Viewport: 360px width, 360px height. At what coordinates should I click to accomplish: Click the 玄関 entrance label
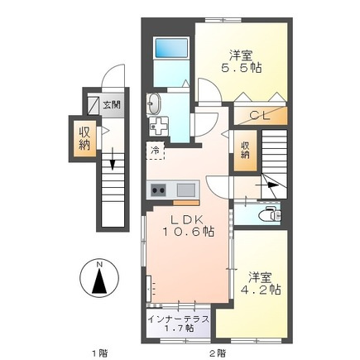[112, 105]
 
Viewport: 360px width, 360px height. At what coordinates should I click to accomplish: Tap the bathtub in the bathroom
[171, 48]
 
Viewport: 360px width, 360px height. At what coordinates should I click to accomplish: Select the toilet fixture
[271, 214]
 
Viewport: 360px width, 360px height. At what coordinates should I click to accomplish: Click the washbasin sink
[154, 103]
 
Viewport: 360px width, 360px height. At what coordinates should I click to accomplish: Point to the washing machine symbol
[159, 127]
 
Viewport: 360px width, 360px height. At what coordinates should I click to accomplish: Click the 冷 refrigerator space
[156, 151]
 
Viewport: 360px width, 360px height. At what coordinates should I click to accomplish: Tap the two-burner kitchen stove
[159, 190]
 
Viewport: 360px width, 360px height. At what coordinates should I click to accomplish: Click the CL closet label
[259, 116]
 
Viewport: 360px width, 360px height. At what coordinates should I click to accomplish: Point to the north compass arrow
[99, 281]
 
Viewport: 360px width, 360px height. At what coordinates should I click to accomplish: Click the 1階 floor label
[99, 353]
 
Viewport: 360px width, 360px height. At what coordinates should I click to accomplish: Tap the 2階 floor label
[217, 353]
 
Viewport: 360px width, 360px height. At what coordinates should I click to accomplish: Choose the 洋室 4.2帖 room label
[261, 284]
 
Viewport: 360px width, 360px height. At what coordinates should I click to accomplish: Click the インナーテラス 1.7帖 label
[178, 324]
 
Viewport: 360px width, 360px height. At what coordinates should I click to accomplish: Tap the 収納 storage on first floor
[84, 139]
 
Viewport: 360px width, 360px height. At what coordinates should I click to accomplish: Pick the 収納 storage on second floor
[245, 151]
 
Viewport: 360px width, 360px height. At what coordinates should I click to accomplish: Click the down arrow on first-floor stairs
[113, 159]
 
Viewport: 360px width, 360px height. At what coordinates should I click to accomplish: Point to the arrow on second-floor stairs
[267, 185]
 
